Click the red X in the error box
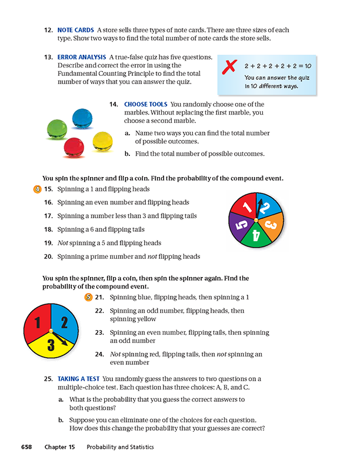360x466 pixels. (228, 68)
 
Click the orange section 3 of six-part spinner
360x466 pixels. (272, 225)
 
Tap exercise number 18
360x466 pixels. (48, 229)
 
